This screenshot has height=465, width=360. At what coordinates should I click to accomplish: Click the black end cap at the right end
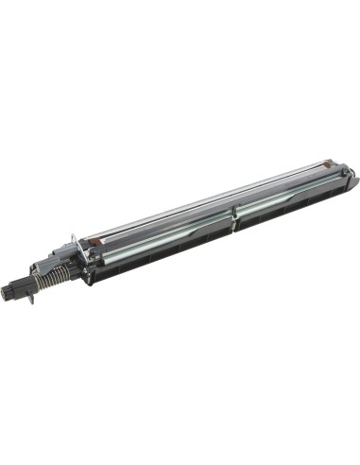[346, 177]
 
